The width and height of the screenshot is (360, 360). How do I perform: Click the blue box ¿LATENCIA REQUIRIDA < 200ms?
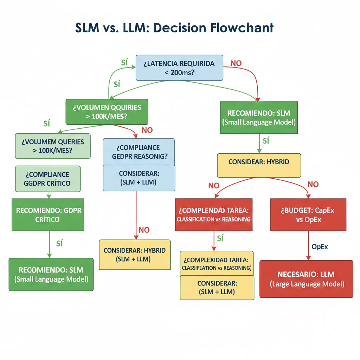(179, 68)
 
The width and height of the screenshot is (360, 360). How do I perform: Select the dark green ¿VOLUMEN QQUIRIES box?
(107, 112)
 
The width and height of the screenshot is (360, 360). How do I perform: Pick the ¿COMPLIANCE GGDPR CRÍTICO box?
(47, 179)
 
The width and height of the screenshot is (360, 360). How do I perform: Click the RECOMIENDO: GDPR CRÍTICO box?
(48, 214)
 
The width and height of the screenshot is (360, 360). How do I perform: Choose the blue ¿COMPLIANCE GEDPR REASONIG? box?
(139, 152)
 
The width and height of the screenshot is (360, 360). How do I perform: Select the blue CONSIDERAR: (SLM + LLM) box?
(139, 178)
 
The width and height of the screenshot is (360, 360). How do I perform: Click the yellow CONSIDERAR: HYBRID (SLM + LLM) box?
(135, 255)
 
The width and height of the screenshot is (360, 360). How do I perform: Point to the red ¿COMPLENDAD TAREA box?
(213, 214)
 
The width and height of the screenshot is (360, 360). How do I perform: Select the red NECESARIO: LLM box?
(306, 279)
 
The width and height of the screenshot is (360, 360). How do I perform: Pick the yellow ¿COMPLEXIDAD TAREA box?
(217, 263)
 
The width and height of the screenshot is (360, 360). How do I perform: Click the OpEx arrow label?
(320, 247)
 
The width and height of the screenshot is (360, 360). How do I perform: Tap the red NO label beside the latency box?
(236, 64)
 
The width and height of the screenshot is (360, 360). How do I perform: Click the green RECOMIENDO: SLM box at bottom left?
(51, 274)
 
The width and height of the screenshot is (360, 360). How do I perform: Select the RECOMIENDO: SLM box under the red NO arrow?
(259, 118)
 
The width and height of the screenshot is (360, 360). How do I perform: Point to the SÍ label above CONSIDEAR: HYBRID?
(265, 141)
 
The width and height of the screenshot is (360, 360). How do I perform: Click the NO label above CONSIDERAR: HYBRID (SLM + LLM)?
(144, 230)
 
